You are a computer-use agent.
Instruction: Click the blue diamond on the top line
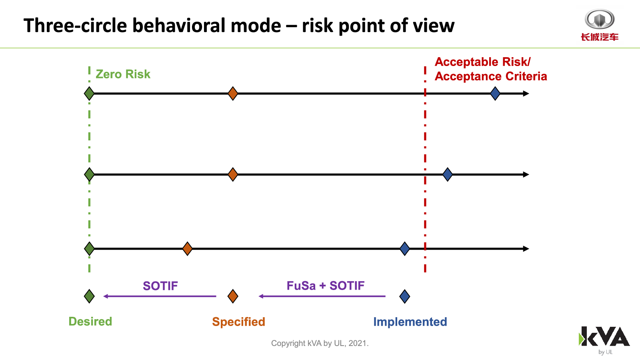click(x=495, y=94)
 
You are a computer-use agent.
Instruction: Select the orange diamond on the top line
click(x=233, y=94)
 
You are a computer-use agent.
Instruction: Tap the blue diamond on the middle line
click(x=448, y=174)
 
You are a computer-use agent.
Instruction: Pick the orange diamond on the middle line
click(x=233, y=174)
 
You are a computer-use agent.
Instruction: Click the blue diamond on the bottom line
click(x=404, y=248)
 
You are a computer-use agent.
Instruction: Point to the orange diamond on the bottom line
click(x=188, y=248)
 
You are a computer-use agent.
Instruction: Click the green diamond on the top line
click(x=89, y=94)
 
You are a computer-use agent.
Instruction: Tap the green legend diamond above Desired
click(x=89, y=296)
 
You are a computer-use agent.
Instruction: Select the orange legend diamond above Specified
click(x=233, y=296)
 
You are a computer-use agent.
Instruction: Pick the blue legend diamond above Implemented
click(x=404, y=296)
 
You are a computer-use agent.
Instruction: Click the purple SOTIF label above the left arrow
click(x=160, y=286)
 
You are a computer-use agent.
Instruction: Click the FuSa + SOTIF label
click(x=326, y=286)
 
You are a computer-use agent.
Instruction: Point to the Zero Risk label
click(x=123, y=74)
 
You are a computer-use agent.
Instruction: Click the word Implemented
click(x=410, y=322)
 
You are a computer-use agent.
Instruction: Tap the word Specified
click(x=238, y=322)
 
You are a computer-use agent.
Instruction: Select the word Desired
click(x=90, y=322)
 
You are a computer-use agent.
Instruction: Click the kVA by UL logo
click(x=604, y=340)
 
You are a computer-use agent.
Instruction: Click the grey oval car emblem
click(x=600, y=19)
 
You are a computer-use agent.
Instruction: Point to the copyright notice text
click(x=320, y=343)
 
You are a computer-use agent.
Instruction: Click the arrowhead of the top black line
click(x=526, y=94)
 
